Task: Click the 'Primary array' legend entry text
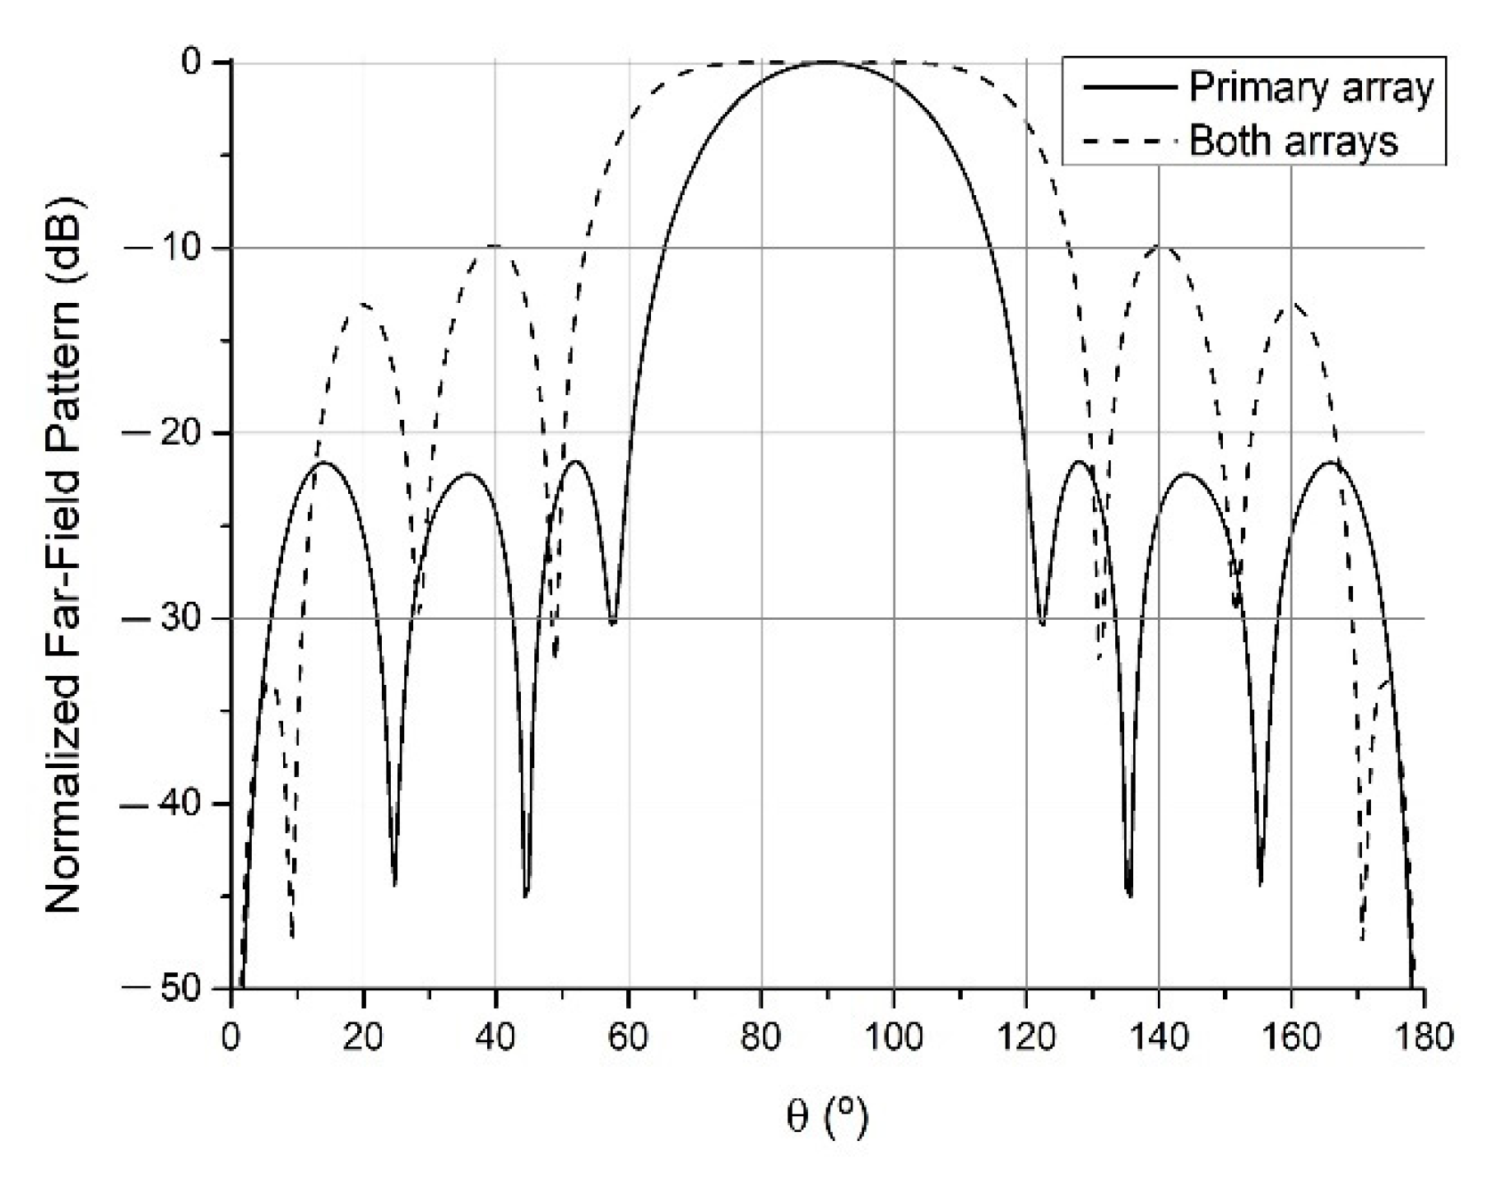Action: (x=1312, y=87)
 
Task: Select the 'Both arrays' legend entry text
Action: (x=1294, y=141)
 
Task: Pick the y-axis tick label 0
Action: (x=191, y=63)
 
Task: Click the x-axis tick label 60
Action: (x=628, y=1036)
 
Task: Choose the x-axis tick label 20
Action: (x=363, y=1036)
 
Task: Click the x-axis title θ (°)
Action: (x=826, y=1118)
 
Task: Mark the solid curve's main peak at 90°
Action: (x=826, y=62)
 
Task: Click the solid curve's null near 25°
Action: (x=395, y=883)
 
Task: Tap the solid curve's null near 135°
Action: (x=1129, y=896)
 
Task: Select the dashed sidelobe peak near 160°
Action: (x=1292, y=303)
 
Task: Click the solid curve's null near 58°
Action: (x=612, y=623)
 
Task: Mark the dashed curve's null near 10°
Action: (x=292, y=937)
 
